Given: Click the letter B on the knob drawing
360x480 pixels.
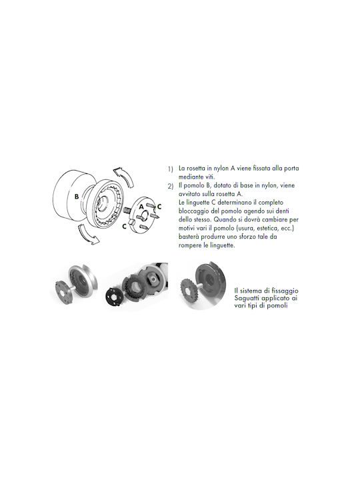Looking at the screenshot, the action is [77, 197].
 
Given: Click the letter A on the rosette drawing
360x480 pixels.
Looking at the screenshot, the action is [141, 207].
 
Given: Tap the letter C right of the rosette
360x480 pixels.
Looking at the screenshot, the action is [159, 207].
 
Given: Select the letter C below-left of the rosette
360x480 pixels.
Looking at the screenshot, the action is [124, 227].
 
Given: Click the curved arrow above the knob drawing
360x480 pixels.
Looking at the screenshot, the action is [125, 177].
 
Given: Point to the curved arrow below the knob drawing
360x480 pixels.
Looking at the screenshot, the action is [88, 234].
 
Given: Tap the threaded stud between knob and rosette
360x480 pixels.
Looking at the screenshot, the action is [127, 210].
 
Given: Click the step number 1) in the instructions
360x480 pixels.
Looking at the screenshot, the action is [170, 169].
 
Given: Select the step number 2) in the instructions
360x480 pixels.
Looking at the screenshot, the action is [171, 186].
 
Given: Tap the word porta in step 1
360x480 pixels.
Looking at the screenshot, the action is [291, 169].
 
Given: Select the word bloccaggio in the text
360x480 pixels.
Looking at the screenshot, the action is [193, 211].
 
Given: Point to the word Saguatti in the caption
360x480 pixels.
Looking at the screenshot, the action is [247, 298].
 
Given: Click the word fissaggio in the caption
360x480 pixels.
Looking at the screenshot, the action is [285, 291].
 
